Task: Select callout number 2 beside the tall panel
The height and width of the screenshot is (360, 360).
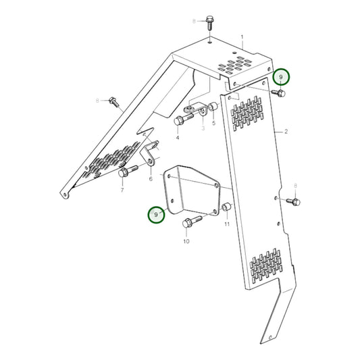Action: point(286,131)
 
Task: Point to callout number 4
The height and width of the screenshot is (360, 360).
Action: point(178,138)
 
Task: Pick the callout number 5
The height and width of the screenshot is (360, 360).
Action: point(213,124)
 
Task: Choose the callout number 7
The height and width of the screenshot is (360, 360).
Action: point(122,190)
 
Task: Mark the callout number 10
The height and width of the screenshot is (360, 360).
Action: point(186,240)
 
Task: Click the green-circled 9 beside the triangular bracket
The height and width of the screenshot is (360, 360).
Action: point(157,215)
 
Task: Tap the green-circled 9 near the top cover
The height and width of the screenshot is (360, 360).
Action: point(282,76)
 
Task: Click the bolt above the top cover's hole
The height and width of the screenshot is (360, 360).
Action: point(208,22)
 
